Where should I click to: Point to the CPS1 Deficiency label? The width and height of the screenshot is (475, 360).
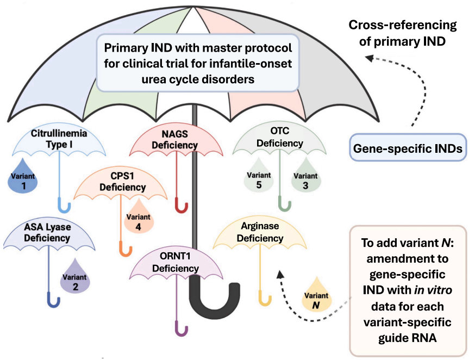point(121,182)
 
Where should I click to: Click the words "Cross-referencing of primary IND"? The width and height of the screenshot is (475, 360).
point(403,33)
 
